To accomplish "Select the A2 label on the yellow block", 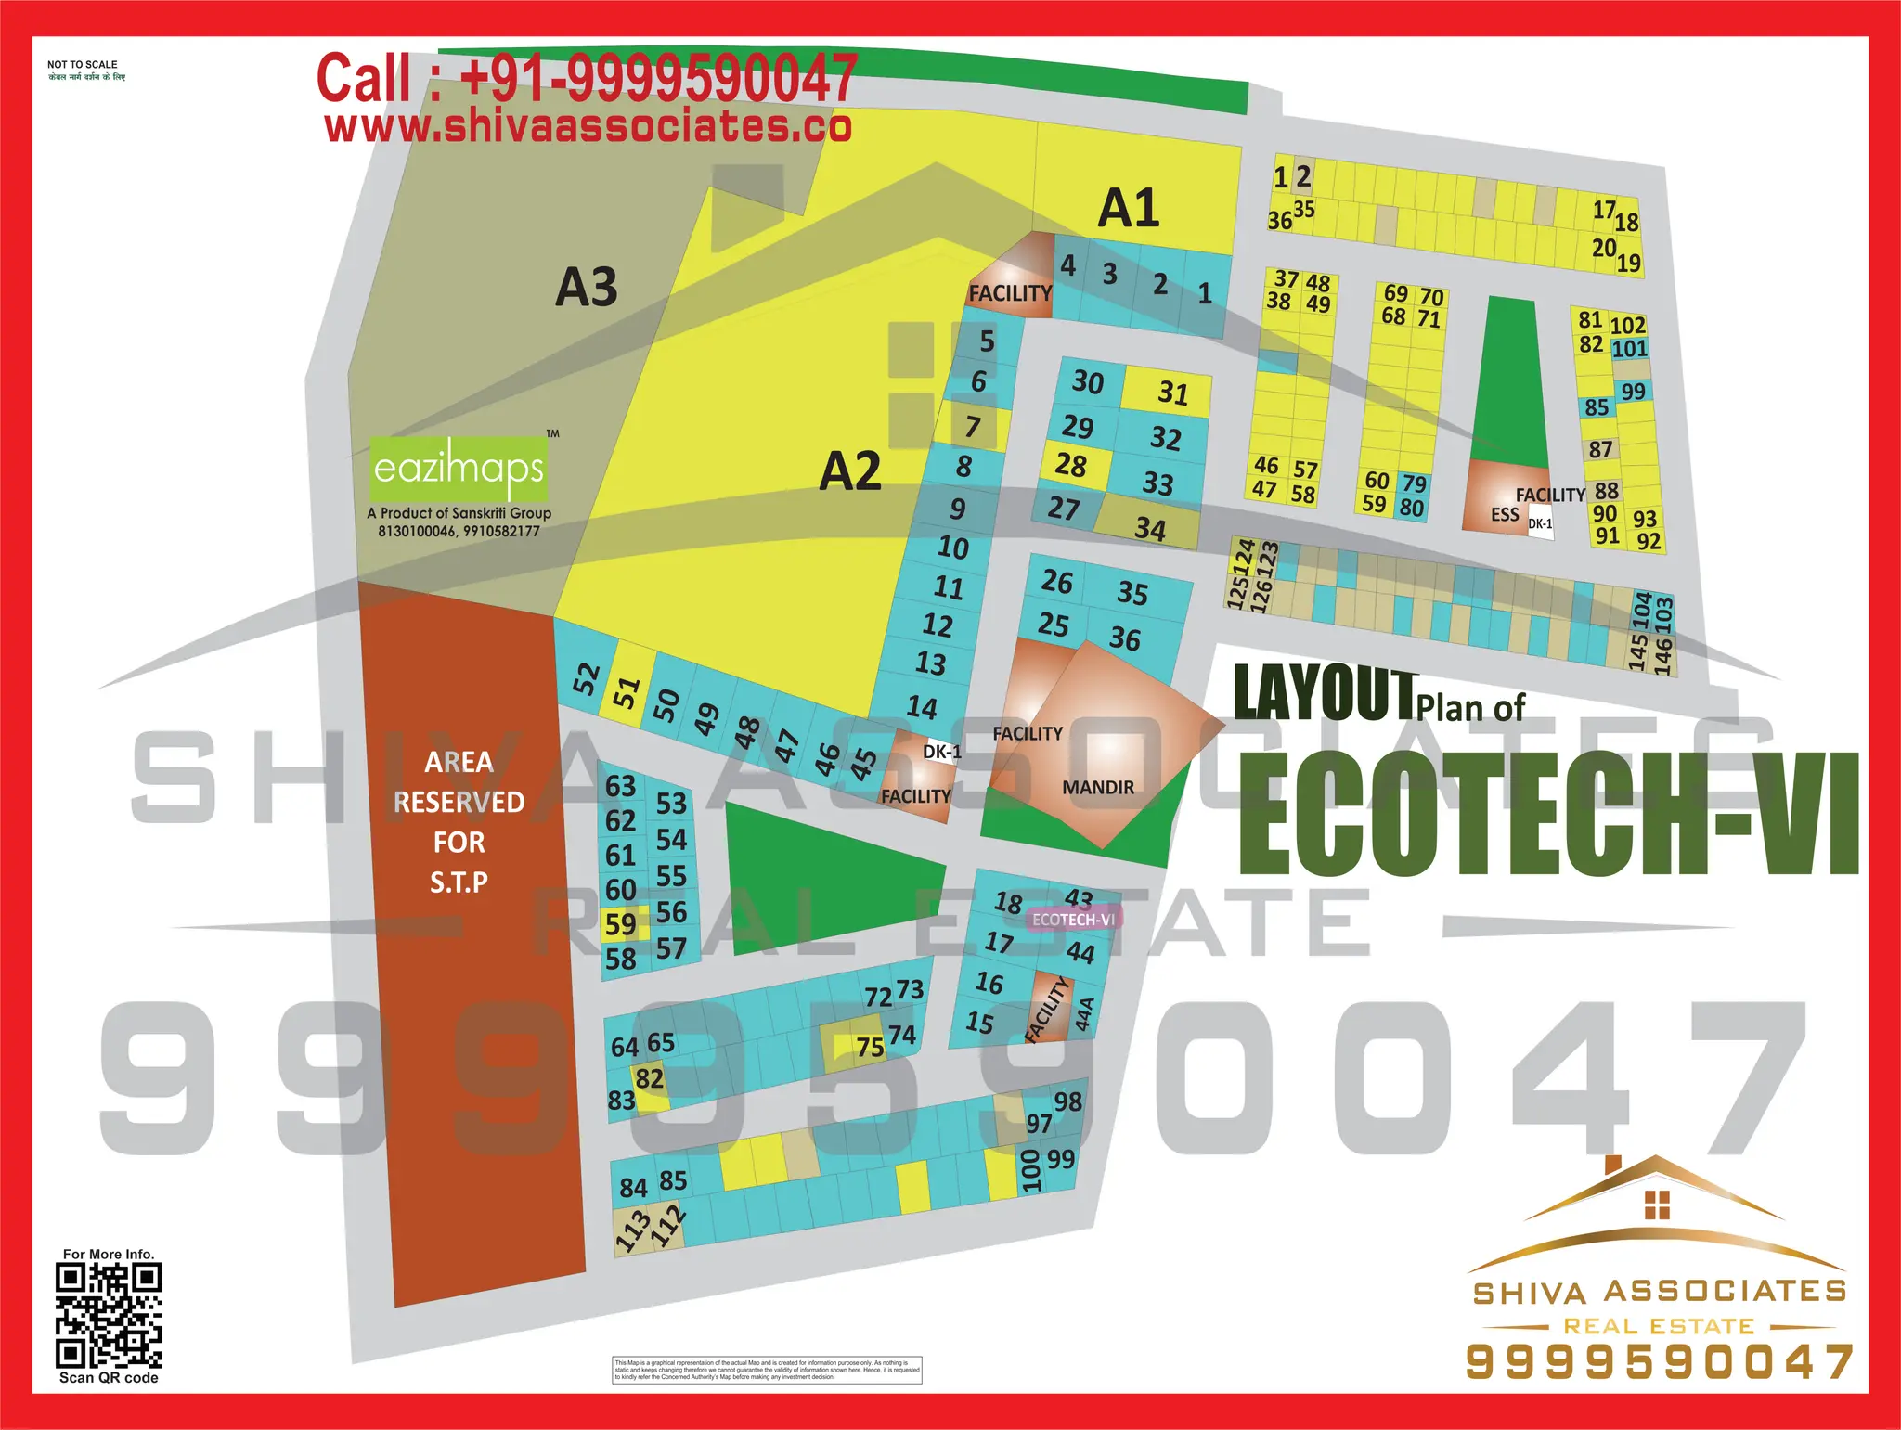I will (x=849, y=471).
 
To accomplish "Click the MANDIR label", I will (x=1098, y=788).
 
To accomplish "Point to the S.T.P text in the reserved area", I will (x=459, y=882).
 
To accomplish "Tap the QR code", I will (x=109, y=1316).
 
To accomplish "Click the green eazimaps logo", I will (x=459, y=468).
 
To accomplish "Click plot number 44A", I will (x=1083, y=1013).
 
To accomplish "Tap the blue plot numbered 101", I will (x=1629, y=349).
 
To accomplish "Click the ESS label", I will (x=1505, y=514).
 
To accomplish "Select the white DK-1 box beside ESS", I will (x=1540, y=524).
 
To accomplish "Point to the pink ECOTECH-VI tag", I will (x=1073, y=920).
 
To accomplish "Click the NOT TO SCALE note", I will (x=83, y=65).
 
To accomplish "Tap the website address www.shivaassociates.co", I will (x=588, y=127).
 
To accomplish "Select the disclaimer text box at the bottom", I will (x=767, y=1370).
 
